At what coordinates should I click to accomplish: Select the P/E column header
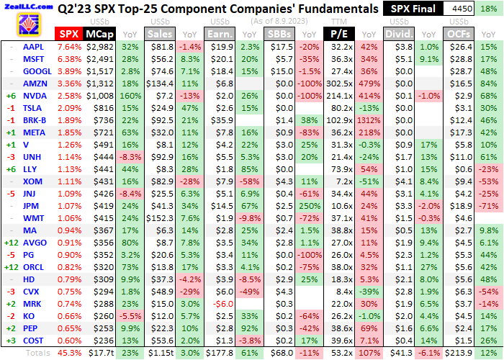(x=335, y=34)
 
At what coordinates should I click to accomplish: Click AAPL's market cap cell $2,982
(x=98, y=45)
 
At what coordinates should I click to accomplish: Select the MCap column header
(x=98, y=34)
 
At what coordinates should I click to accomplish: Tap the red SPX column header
(x=68, y=34)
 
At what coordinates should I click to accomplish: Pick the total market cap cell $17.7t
(x=98, y=354)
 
